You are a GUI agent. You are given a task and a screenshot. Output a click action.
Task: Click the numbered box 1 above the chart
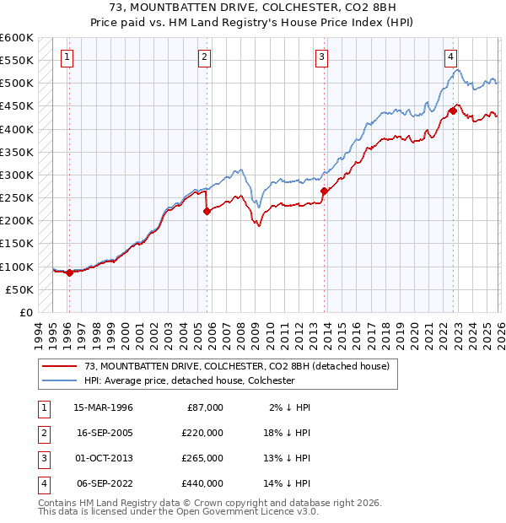click(67, 57)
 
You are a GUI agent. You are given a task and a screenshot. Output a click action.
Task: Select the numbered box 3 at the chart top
click(321, 57)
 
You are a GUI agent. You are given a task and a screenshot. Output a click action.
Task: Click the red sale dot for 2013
click(324, 191)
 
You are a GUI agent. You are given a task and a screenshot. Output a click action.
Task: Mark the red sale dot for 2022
click(453, 111)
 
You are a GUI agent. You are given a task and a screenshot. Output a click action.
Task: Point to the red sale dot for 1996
click(69, 272)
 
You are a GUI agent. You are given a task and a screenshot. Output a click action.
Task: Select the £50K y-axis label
click(19, 289)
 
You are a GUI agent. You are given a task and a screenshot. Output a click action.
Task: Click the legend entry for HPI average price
click(189, 380)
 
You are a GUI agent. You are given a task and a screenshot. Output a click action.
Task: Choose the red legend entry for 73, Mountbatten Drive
click(236, 366)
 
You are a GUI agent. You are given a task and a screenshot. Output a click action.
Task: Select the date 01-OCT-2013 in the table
click(104, 458)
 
